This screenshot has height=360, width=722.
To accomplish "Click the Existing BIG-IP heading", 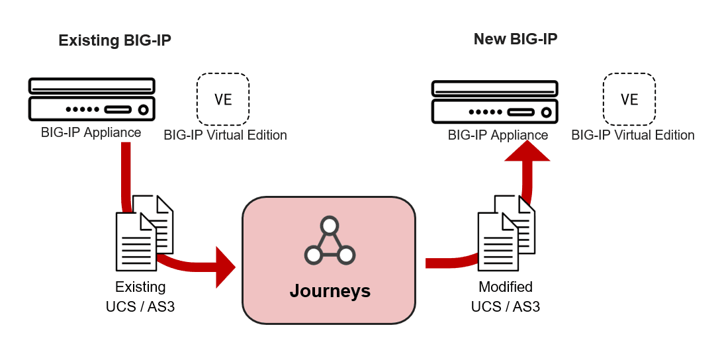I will pyautogui.click(x=114, y=40).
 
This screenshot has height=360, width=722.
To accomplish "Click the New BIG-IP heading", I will pyautogui.click(x=516, y=39).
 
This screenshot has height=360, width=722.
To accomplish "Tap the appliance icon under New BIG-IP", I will pyautogui.click(x=493, y=101).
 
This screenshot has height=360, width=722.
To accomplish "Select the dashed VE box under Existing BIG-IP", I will pyautogui.click(x=223, y=99).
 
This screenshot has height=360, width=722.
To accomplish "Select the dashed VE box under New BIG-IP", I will pyautogui.click(x=629, y=99).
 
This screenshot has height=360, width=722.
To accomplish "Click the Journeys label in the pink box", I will pyautogui.click(x=330, y=291).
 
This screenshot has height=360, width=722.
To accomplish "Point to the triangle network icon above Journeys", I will pyautogui.click(x=330, y=241).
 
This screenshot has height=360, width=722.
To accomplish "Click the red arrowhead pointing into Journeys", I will pyautogui.click(x=225, y=267).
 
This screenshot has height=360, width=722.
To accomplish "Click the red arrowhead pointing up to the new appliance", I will pyautogui.click(x=527, y=150).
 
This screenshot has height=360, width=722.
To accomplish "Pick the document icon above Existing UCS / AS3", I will pyautogui.click(x=144, y=232).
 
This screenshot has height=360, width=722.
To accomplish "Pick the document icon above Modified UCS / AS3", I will pyautogui.click(x=506, y=232).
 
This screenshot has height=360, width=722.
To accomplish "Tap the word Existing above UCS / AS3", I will pyautogui.click(x=140, y=287).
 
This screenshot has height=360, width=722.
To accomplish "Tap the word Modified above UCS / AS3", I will pyautogui.click(x=506, y=287).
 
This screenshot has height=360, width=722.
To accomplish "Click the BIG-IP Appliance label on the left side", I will pyautogui.click(x=91, y=132).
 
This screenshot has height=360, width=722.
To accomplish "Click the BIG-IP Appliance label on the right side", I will pyautogui.click(x=498, y=135).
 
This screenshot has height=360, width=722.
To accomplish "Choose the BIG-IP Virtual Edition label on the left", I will pyautogui.click(x=225, y=135).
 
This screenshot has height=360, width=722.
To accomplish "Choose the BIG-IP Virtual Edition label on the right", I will pyautogui.click(x=633, y=135).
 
